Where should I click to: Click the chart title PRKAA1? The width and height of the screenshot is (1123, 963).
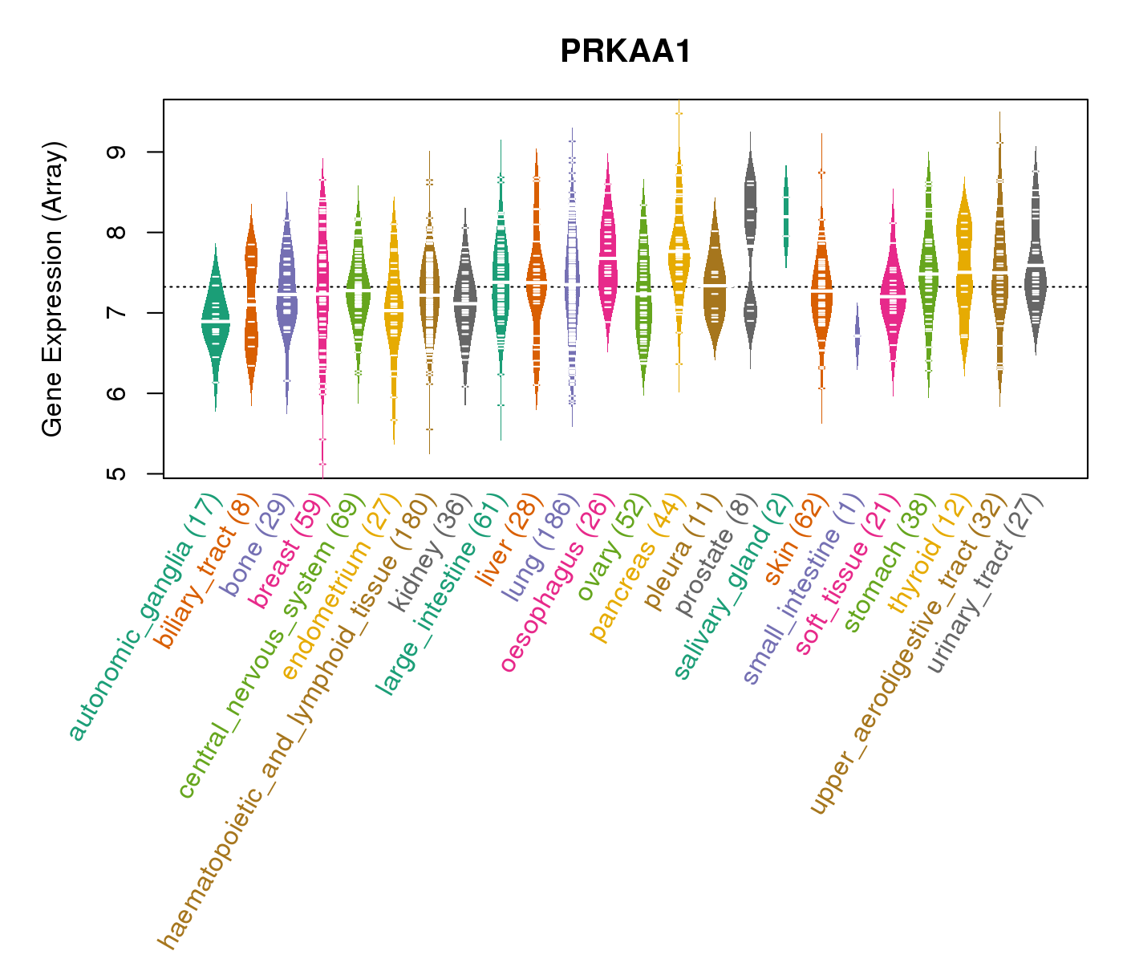[625, 51]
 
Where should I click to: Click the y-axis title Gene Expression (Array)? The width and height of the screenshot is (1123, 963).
[53, 289]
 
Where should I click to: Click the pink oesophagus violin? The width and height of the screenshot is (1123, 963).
[607, 257]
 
